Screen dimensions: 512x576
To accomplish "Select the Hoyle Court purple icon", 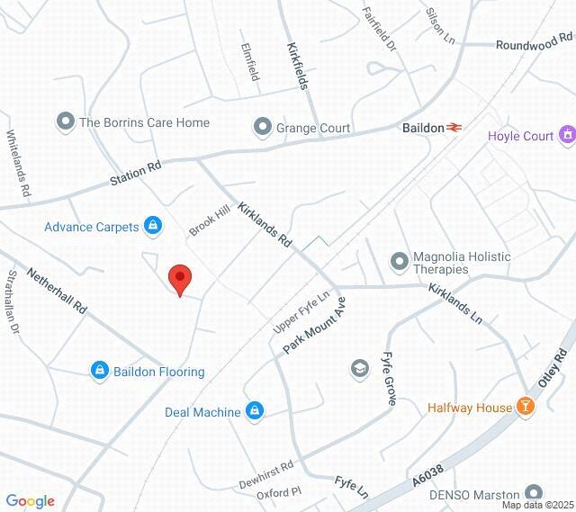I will coord(567,136).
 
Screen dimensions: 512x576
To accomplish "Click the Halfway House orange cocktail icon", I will coord(526,408).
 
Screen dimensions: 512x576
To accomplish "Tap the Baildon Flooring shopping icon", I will coord(99,371).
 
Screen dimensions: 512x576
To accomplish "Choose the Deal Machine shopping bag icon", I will coord(255,412).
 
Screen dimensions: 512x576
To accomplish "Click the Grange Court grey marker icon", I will coord(263,128).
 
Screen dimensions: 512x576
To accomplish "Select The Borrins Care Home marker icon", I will coord(65,121).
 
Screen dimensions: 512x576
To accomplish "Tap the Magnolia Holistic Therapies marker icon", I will coord(400,262).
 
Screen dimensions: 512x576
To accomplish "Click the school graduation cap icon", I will coord(360,368).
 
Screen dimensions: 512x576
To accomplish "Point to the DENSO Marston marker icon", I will coord(535,494).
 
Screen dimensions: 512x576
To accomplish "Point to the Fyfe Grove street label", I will coord(389,378).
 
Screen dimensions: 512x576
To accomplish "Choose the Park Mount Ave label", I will coord(316,325).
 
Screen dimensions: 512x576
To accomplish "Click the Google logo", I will coord(30,501).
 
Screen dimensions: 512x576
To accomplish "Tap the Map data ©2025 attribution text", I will coord(536,506).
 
